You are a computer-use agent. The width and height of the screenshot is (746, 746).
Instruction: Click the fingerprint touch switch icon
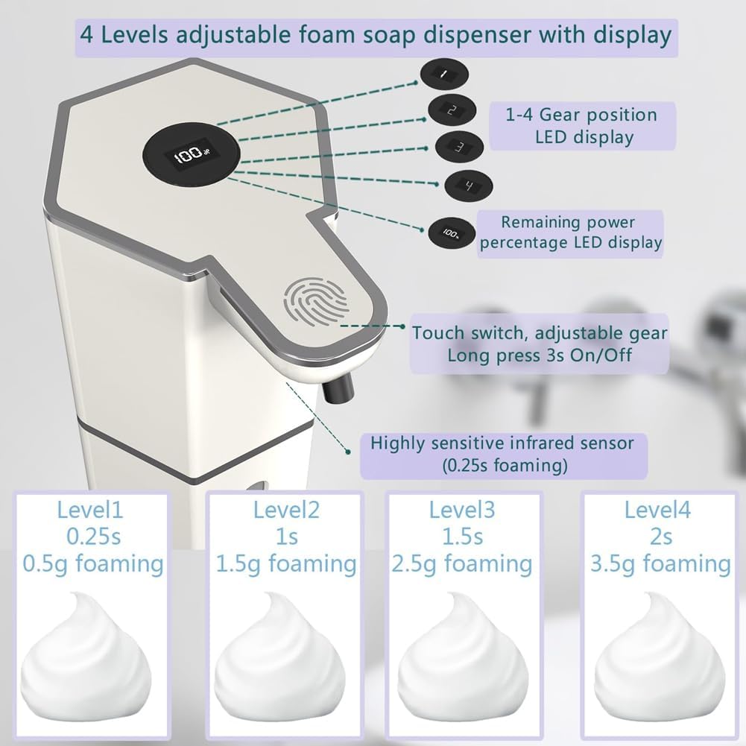[x=317, y=304]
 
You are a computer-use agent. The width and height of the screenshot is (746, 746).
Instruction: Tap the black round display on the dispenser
[x=186, y=157]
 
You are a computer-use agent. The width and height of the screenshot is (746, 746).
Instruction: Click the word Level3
[x=462, y=510]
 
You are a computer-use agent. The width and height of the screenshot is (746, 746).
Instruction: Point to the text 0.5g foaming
[x=93, y=563]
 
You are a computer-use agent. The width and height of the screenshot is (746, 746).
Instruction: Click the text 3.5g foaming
[x=660, y=563]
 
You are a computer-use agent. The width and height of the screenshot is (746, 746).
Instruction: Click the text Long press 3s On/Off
[x=540, y=355]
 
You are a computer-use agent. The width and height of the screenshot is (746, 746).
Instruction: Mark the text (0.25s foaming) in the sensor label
[x=504, y=466]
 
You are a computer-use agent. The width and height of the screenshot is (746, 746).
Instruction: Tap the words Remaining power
[x=568, y=222]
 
